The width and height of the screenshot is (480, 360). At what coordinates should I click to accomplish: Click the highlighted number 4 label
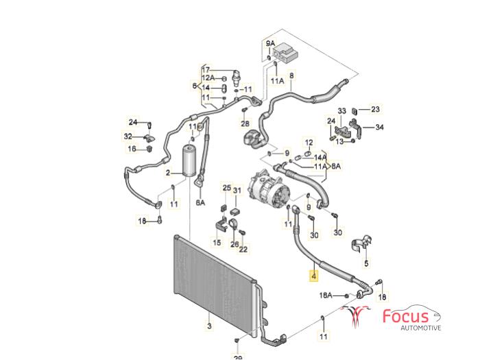point(314,277)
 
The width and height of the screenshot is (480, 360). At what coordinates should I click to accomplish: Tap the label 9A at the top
point(271,45)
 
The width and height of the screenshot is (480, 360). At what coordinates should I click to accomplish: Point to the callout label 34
point(380,127)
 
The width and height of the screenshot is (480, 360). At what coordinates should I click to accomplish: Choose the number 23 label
point(375,109)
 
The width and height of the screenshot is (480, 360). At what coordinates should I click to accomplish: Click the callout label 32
point(128,136)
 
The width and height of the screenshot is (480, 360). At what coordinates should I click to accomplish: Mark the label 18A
point(325,295)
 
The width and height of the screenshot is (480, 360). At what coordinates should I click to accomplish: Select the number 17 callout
point(205,69)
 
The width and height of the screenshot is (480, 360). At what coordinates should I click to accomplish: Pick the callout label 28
point(245,124)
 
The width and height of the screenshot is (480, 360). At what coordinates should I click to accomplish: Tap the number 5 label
point(366,263)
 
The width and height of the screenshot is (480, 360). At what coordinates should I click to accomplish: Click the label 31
point(237,190)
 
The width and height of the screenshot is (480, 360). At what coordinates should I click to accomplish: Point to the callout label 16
point(131,148)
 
